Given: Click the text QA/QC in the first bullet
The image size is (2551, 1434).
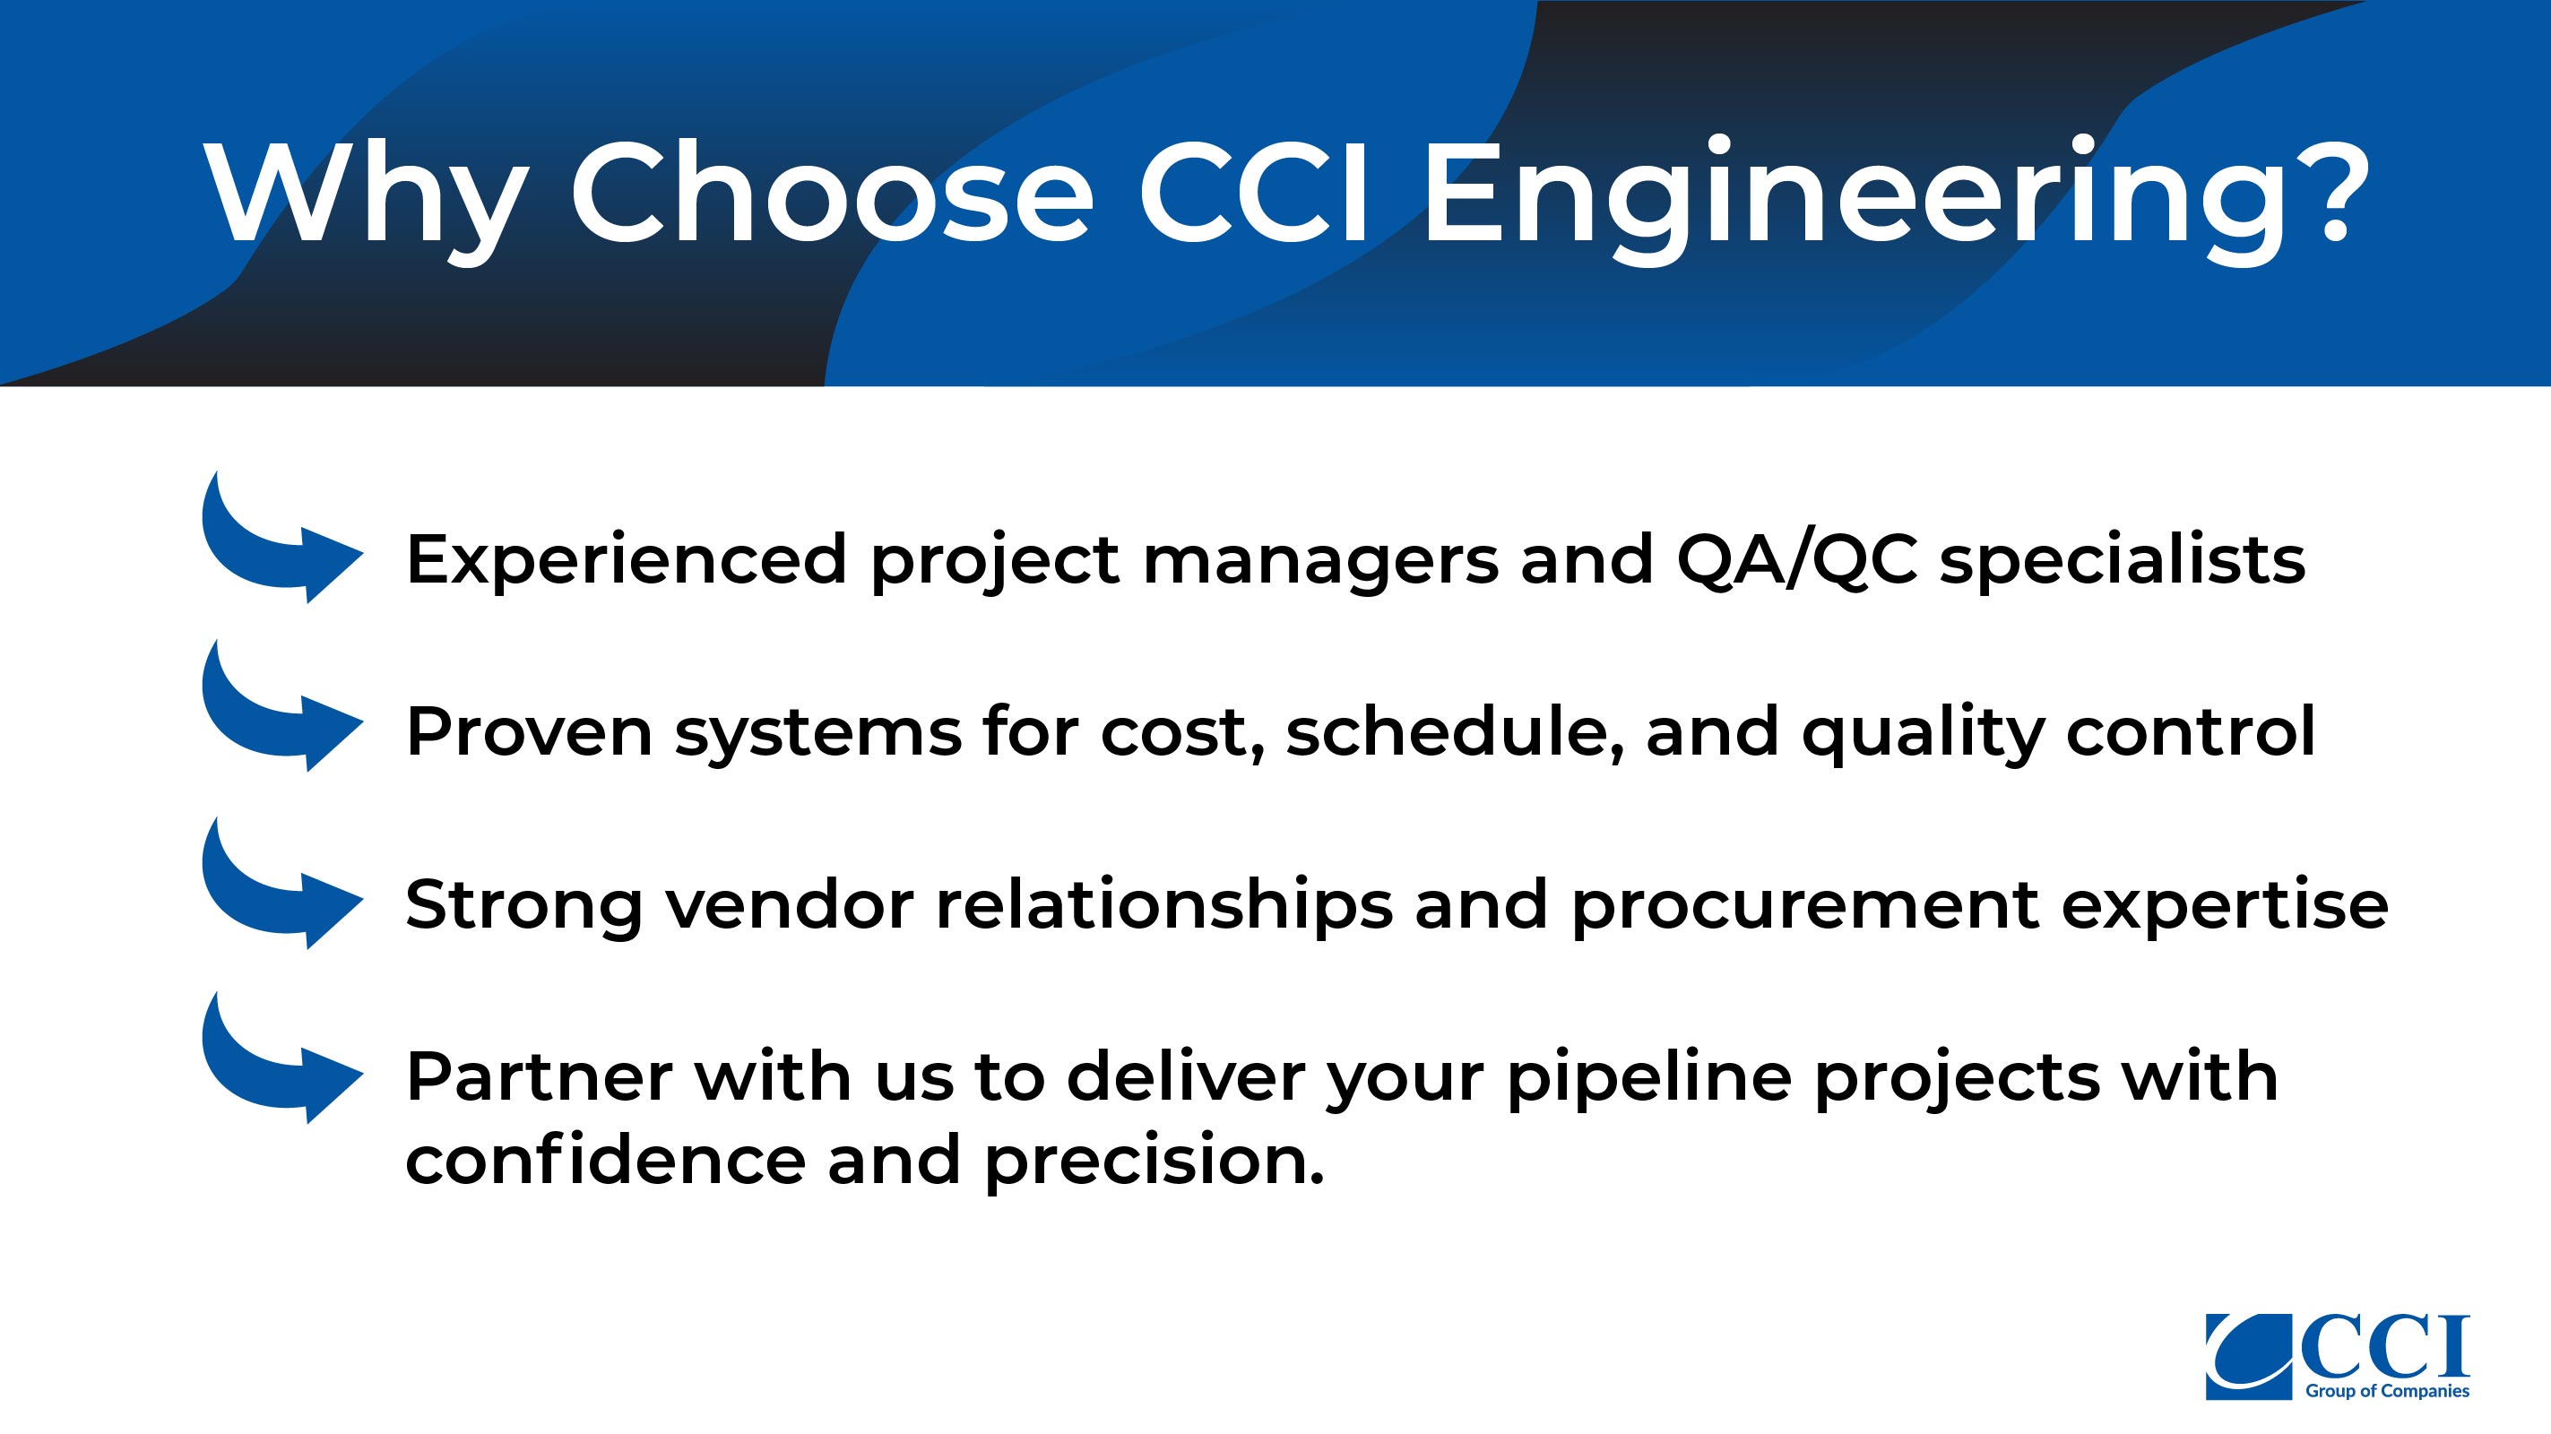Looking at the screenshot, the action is click(1796, 560).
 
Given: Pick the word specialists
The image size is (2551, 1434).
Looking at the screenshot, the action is click(2123, 560).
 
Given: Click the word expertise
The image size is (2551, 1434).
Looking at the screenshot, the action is click(2224, 907).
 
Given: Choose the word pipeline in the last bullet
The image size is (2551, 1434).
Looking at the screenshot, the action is click(1649, 1078).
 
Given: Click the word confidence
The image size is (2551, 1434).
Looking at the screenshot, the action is click(606, 1160).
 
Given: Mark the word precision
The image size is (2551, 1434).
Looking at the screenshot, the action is click(1154, 1162).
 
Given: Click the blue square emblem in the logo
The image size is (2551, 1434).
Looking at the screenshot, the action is click(2249, 1357).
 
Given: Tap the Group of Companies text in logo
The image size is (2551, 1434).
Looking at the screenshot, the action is click(2387, 1391).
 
